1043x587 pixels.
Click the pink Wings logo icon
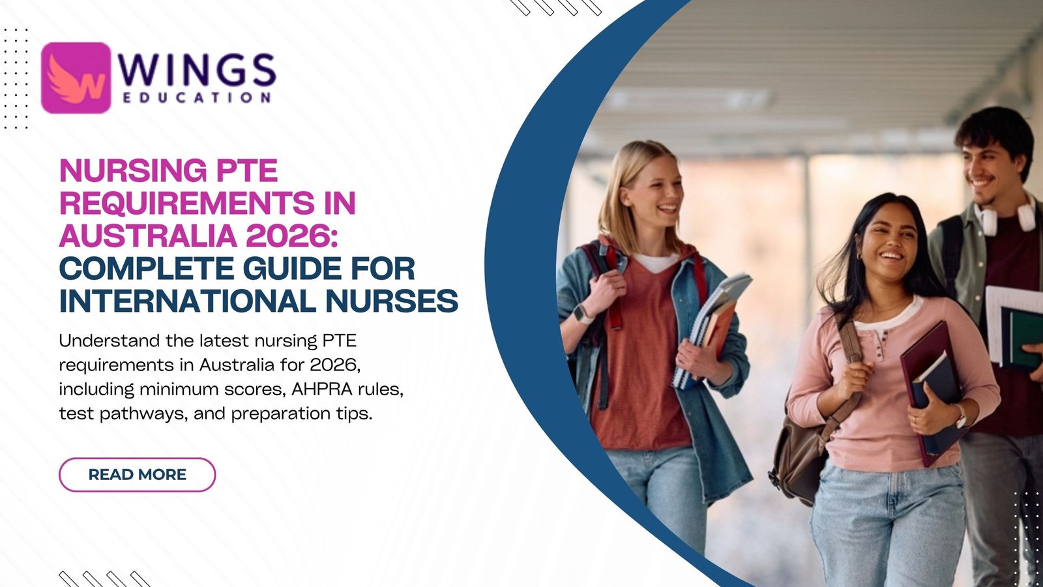(x=76, y=78)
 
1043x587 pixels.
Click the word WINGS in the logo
(x=197, y=71)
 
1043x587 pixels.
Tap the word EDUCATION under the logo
(x=196, y=97)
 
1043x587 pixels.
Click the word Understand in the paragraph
(x=109, y=340)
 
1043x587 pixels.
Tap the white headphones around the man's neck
(x=1003, y=215)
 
